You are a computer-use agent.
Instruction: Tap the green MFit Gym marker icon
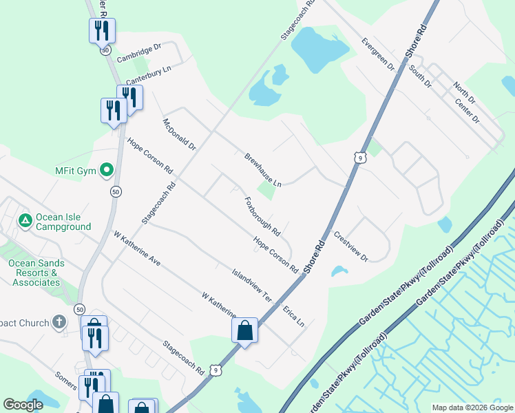click(x=107, y=169)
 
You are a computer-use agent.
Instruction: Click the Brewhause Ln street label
click(x=263, y=170)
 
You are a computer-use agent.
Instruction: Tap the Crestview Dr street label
click(x=351, y=246)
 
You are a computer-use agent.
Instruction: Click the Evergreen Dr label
click(x=378, y=54)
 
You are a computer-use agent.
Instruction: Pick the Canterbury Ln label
click(x=147, y=76)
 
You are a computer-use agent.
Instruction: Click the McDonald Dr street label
click(x=179, y=135)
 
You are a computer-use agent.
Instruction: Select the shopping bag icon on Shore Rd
click(x=244, y=330)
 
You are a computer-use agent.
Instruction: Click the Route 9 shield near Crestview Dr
click(x=359, y=158)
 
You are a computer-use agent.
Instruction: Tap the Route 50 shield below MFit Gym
click(x=116, y=191)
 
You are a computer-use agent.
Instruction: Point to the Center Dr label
click(x=467, y=111)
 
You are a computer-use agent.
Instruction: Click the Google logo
click(x=23, y=405)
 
